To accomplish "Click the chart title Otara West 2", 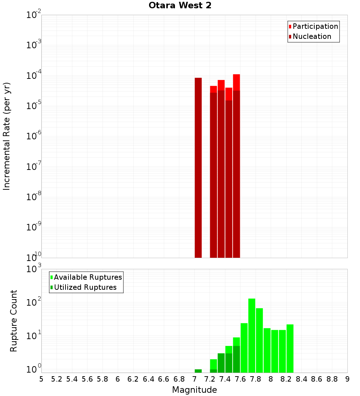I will coord(180,5).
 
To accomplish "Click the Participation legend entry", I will coord(315,27).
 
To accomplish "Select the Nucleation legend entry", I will coord(312,37).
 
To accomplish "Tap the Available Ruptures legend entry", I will coord(88,278).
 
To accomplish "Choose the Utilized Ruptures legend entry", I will coord(85,288).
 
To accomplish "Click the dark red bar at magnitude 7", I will coord(198,167).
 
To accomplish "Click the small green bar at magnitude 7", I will coord(198,371).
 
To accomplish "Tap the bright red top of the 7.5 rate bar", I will coord(236,82).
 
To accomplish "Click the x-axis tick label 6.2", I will coord(133,379).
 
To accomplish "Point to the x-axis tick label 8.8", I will coord(332,379).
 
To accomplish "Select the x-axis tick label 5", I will coord(41,379).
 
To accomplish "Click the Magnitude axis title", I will coord(194,390).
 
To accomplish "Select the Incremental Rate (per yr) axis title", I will coord(7,136).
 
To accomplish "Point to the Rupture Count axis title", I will coord(14,321).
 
